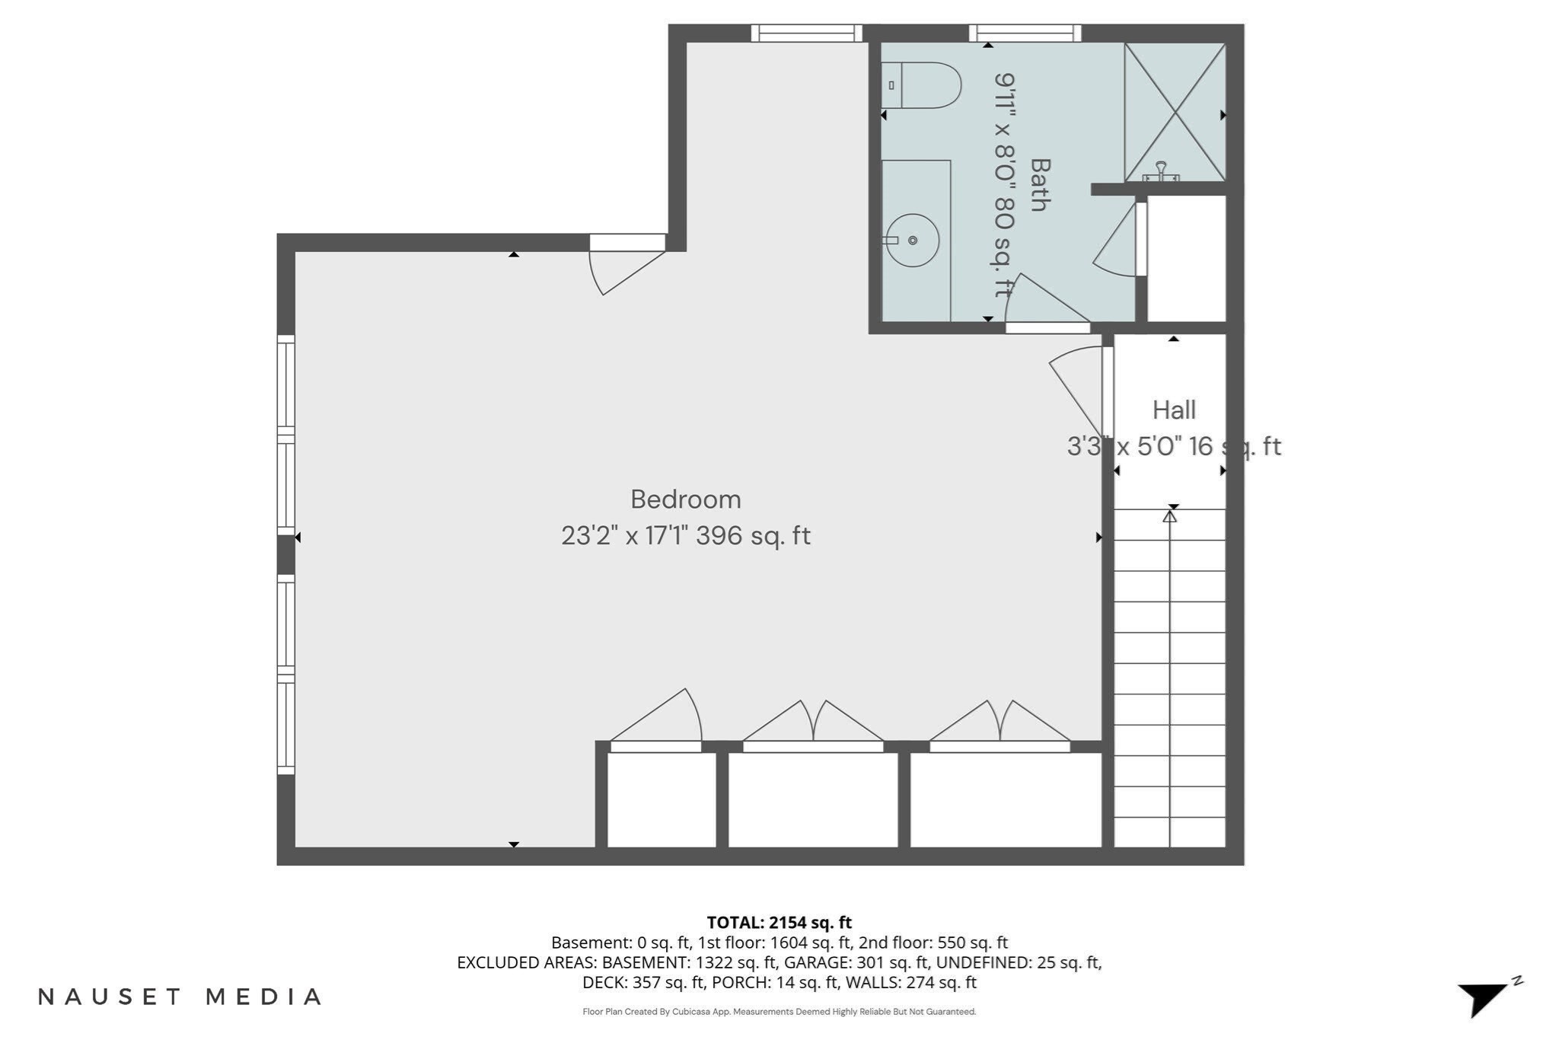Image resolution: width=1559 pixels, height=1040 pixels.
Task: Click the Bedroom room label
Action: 686,499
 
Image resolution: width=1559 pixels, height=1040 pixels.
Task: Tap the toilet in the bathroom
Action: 921,85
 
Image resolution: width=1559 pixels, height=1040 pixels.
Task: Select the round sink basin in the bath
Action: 913,241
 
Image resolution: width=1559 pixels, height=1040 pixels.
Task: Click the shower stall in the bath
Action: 1175,112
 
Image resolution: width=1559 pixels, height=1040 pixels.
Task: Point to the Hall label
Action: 1174,410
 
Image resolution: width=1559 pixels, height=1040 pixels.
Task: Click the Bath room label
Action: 1040,184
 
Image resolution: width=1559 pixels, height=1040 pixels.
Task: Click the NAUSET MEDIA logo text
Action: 180,997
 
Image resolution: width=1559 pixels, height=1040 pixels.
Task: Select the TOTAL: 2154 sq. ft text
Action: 779,923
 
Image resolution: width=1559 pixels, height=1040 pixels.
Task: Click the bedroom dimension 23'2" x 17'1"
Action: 626,536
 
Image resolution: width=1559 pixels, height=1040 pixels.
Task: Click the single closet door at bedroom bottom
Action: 656,720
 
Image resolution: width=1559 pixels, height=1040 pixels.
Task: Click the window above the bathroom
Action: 1025,33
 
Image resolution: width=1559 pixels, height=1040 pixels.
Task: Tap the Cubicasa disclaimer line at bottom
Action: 779,1012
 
